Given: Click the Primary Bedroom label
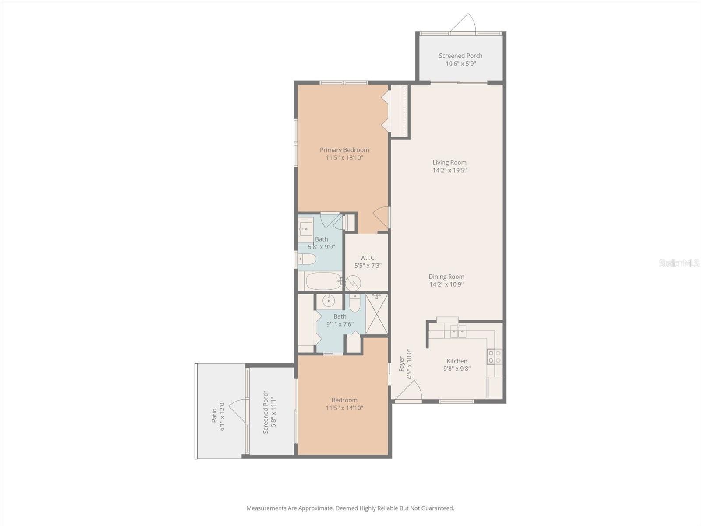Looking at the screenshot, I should click(344, 150).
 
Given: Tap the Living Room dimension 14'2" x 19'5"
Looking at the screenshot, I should click(450, 171).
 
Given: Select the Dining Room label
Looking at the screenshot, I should click(446, 277).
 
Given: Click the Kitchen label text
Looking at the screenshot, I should click(457, 361).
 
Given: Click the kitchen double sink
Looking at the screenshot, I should click(458, 332).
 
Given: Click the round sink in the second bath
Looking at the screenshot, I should click(328, 301).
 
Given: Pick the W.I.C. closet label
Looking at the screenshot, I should click(368, 258).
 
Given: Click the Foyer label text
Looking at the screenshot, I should click(401, 364).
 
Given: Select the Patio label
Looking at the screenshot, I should click(214, 415).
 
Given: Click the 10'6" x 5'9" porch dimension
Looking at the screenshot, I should click(460, 64).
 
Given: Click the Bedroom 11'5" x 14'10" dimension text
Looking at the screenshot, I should click(344, 408).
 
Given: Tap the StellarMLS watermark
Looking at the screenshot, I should click(679, 263).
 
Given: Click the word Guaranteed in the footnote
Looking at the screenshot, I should click(437, 508).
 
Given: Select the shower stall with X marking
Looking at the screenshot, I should click(376, 314).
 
